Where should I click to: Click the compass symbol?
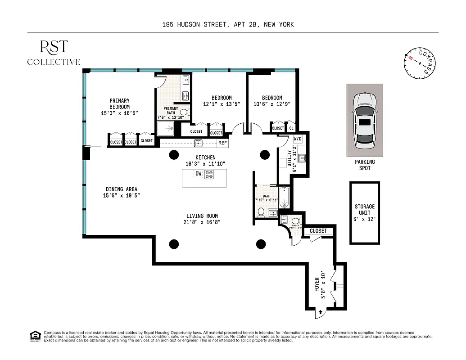click(420, 63)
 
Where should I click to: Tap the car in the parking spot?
click(365, 121)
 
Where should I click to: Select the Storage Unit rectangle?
click(365, 213)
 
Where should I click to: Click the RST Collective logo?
click(54, 52)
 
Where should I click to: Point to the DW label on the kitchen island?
click(198, 174)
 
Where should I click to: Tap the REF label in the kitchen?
click(222, 144)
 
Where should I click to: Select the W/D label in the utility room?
click(298, 139)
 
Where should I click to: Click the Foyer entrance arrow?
click(320, 311)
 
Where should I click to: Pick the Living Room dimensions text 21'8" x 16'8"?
click(202, 222)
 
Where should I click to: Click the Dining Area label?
click(122, 189)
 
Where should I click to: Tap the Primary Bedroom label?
click(119, 104)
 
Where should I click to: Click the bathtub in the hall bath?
click(284, 198)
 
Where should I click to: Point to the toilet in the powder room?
click(295, 221)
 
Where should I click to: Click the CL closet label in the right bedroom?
click(291, 128)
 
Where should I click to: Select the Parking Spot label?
click(365, 165)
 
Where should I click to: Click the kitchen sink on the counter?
click(198, 144)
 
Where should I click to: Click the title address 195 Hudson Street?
click(228, 24)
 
